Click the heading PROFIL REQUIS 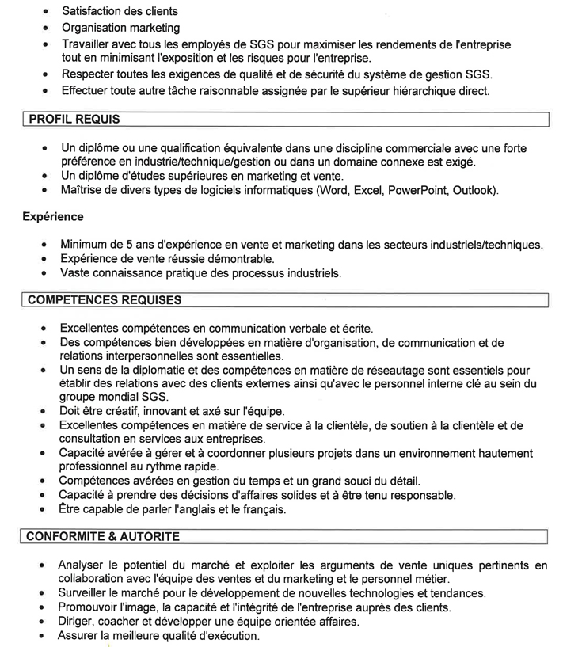click(74, 120)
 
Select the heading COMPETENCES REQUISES click(104, 300)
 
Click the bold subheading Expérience click(53, 216)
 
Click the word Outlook click(473, 190)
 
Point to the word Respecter click(90, 74)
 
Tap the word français click(261, 510)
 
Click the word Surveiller click(87, 593)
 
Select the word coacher click(120, 622)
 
